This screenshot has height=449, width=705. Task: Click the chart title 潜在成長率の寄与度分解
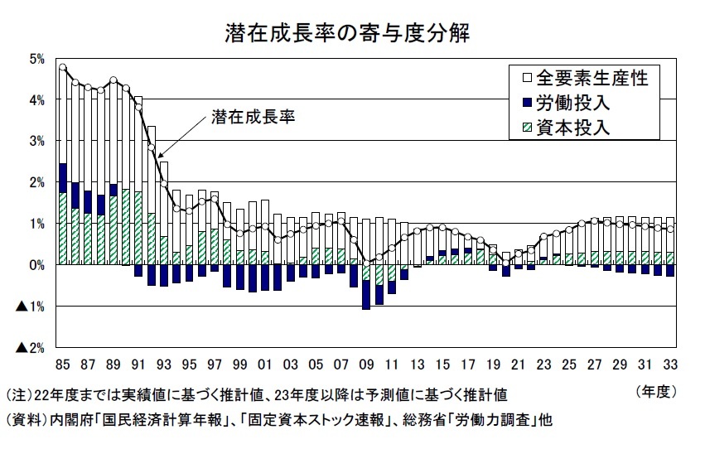[347, 33]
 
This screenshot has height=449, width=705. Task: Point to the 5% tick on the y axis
[37, 59]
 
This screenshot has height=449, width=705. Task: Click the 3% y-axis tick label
[37, 141]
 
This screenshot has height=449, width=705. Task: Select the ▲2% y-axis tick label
[31, 347]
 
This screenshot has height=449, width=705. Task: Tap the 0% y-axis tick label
[37, 265]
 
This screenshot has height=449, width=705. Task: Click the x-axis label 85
[62, 365]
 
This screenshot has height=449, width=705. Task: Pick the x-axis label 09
[366, 365]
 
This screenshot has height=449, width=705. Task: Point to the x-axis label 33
[670, 365]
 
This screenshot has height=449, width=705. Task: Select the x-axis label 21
[518, 365]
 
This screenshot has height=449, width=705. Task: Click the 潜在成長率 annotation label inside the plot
[254, 117]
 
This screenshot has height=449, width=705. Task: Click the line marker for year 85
[62, 67]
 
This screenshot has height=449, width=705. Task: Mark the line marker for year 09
[366, 263]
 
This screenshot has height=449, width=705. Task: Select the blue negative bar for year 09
[366, 294]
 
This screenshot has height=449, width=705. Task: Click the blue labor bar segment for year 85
[62, 178]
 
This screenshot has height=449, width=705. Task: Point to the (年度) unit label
[656, 392]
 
